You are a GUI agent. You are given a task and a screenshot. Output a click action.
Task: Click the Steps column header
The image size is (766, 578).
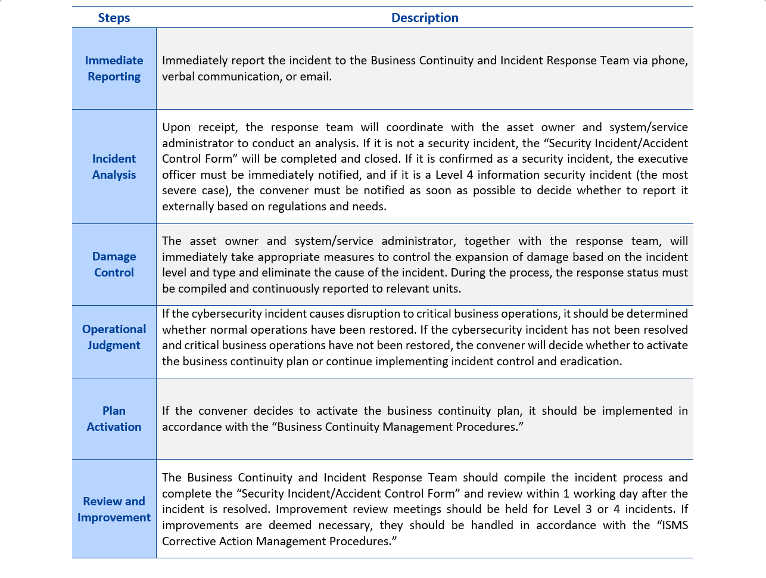114,18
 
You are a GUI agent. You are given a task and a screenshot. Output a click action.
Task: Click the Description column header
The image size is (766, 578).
425,18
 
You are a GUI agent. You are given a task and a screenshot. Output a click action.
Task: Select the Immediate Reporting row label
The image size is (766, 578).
114,69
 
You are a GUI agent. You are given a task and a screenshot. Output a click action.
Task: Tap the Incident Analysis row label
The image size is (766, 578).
114,167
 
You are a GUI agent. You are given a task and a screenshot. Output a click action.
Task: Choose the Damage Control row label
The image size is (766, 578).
114,265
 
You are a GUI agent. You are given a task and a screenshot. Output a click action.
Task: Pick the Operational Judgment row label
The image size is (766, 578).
114,337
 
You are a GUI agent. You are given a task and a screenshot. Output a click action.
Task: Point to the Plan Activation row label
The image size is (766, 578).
114,419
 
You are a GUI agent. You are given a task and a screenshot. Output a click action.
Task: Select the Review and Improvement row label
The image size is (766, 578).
114,509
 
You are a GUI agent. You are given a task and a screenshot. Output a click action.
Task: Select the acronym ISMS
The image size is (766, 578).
672,526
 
